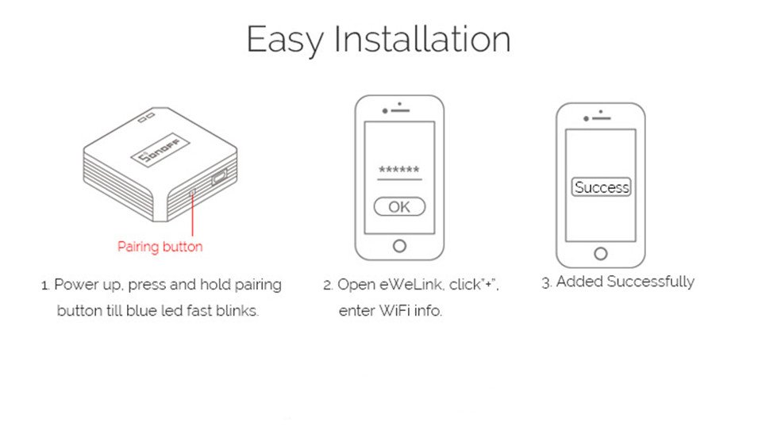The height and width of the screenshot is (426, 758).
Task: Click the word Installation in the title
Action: click(421, 40)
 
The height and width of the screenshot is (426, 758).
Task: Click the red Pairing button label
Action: click(160, 247)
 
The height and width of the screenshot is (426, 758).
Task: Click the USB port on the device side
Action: click(219, 178)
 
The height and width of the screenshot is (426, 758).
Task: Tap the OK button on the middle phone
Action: click(399, 207)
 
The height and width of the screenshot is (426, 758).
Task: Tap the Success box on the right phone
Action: click(601, 188)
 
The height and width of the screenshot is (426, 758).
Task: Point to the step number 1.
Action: click(44, 285)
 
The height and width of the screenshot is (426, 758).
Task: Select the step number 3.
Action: click(545, 282)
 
